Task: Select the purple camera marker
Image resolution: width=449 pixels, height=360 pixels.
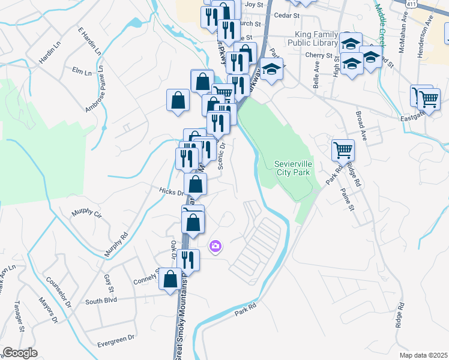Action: coord(215,246)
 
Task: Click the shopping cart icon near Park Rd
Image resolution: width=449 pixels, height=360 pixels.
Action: coord(343,150)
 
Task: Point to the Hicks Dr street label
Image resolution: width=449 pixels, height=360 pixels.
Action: coord(171,191)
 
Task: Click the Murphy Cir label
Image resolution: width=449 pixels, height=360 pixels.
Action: coord(87,213)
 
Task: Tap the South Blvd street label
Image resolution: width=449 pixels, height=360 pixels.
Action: coord(100,301)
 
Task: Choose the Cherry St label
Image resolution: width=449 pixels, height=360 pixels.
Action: coord(315,55)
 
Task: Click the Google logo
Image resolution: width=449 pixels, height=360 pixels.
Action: coord(20,353)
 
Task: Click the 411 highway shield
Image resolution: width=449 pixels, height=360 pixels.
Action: coord(411,4)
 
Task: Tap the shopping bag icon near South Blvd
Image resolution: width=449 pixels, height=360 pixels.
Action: coord(170,280)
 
